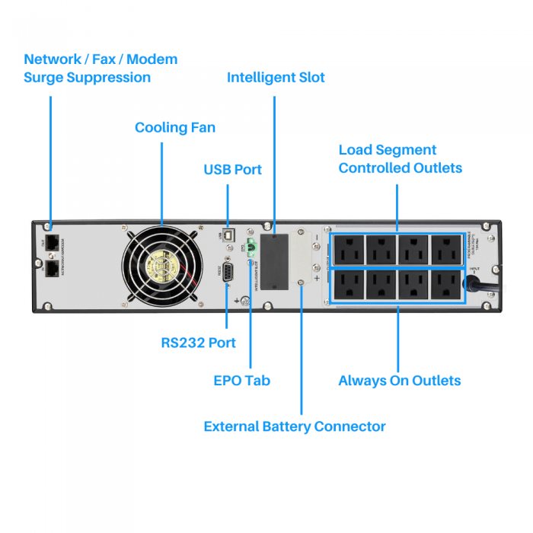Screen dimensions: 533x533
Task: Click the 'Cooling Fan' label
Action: pyautogui.click(x=175, y=127)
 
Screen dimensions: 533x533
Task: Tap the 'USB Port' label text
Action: pyautogui.click(x=232, y=169)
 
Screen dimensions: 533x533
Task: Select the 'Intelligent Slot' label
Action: pyautogui.click(x=276, y=78)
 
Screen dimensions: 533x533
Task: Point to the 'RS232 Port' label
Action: pyautogui.click(x=198, y=343)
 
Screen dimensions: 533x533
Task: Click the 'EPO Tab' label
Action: pyautogui.click(x=241, y=380)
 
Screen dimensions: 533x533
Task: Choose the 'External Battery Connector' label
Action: pyautogui.click(x=295, y=426)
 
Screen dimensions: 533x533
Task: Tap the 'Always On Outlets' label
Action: pyautogui.click(x=400, y=380)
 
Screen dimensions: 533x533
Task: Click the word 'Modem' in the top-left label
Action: pyautogui.click(x=152, y=59)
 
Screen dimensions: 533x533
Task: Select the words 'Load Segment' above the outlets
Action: pyautogui.click(x=388, y=150)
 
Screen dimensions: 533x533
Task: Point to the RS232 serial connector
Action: pyautogui.click(x=228, y=275)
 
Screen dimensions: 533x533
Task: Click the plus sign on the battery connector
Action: pyautogui.click(x=316, y=279)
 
